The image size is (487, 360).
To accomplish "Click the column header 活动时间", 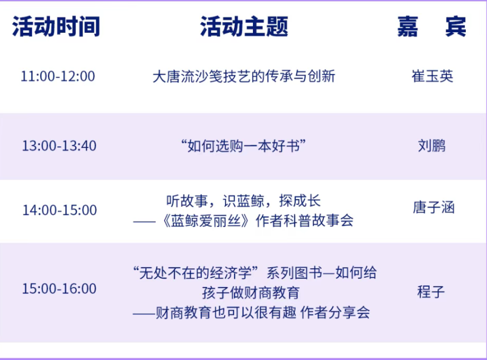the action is click(56, 27).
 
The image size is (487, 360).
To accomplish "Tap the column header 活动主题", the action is click(244, 27).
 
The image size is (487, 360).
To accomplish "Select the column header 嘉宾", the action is click(432, 27).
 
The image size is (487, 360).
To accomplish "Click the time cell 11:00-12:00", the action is click(58, 76).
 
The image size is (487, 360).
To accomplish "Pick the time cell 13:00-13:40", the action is click(59, 146).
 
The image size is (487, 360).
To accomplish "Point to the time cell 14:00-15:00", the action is click(59, 210).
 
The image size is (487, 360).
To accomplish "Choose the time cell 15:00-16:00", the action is click(59, 289).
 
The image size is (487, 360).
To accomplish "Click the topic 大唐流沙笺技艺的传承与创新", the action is click(244, 76).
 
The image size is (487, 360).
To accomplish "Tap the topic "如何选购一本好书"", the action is click(244, 146).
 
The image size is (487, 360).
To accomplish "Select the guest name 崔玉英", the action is click(433, 76).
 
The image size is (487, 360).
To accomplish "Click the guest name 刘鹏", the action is click(432, 146).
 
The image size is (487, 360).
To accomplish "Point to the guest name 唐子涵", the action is click(434, 208).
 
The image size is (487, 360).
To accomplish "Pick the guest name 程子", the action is click(431, 292).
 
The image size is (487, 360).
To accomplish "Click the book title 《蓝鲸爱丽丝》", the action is click(206, 221).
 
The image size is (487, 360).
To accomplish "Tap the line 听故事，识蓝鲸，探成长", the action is click(243, 201).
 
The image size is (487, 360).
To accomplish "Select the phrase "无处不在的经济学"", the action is click(196, 273).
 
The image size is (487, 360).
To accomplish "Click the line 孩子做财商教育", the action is click(251, 293).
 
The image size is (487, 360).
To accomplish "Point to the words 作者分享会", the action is click(335, 313).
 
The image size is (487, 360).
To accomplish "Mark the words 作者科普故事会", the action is click(305, 221).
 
